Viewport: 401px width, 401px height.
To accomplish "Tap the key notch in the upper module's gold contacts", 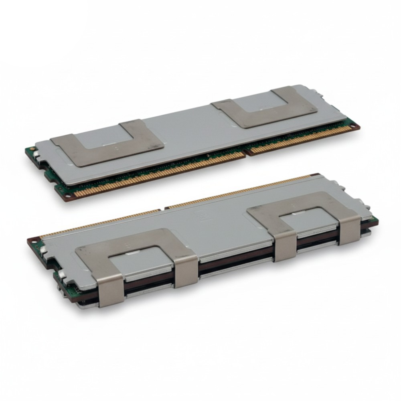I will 245,152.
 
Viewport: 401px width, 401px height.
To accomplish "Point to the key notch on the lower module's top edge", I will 164,209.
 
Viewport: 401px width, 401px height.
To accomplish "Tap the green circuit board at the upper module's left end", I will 30,152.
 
